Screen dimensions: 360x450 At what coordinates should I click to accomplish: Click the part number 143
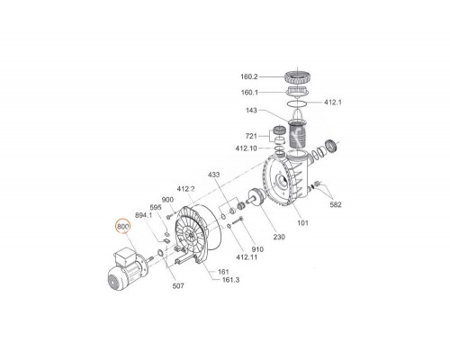click(x=252, y=111)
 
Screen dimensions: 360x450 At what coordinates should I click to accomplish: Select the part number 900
click(x=167, y=200)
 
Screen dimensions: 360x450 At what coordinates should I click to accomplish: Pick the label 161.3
click(x=230, y=280)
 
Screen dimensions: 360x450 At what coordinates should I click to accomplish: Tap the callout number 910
click(x=257, y=248)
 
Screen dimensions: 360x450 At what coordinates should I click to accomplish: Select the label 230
click(x=279, y=237)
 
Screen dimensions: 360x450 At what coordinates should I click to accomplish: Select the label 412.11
click(x=246, y=257)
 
